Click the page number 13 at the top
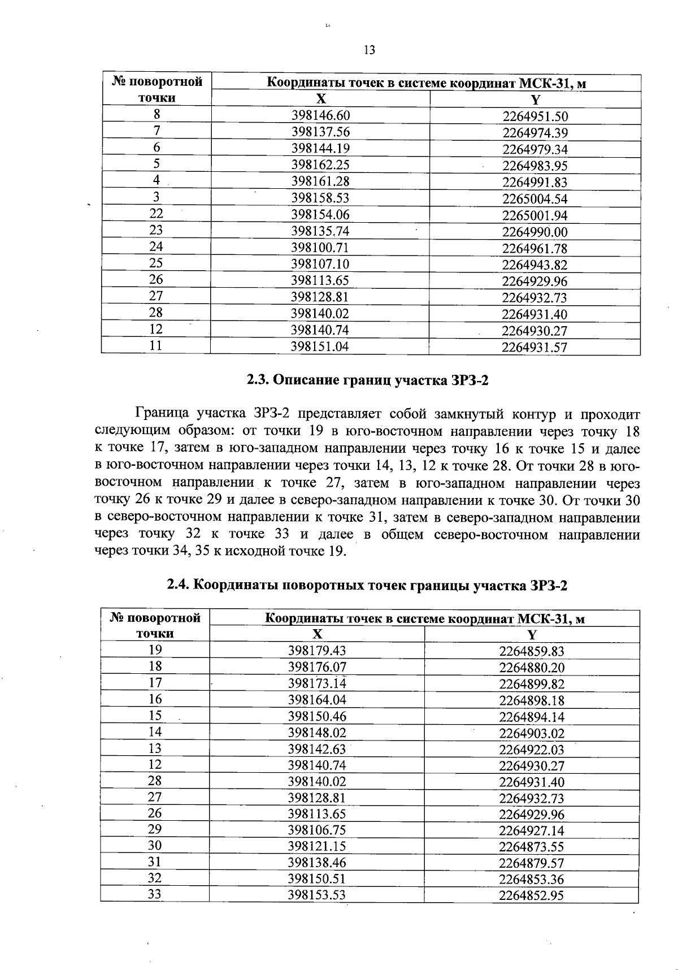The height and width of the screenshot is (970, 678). [x=369, y=50]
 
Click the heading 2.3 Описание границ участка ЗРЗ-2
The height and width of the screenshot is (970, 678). [x=367, y=380]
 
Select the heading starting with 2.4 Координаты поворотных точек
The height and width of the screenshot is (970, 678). [x=367, y=585]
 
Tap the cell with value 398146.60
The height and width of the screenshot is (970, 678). [x=320, y=115]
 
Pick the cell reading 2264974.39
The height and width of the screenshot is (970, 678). [x=535, y=133]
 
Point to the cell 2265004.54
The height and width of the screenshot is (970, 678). [x=535, y=198]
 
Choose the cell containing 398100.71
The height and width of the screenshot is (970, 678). [x=320, y=248]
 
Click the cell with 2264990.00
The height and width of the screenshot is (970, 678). [x=535, y=232]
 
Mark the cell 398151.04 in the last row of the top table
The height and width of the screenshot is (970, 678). [x=320, y=347]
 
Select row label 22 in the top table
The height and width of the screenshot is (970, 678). [x=157, y=214]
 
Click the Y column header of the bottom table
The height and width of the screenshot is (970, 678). [x=532, y=634]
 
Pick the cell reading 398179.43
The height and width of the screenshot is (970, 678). [x=317, y=651]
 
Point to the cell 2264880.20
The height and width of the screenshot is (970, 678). [x=532, y=668]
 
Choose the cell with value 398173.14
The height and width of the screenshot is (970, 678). [x=317, y=683]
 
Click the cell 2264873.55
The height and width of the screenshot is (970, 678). [x=532, y=847]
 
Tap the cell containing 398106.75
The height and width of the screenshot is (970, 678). [x=317, y=830]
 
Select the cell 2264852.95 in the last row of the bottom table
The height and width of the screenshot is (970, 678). [x=532, y=895]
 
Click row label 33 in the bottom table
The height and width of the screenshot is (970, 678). [x=155, y=895]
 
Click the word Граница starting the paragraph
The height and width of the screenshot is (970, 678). [x=161, y=415]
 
